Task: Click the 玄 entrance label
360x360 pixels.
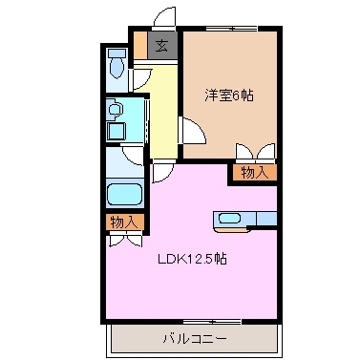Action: tap(161, 44)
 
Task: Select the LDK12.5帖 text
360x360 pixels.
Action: tap(192, 257)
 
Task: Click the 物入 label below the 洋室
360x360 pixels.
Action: tap(252, 172)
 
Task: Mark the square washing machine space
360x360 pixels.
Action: tap(117, 131)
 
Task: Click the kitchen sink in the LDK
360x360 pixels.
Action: tap(232, 219)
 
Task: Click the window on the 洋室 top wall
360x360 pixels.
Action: tap(229, 29)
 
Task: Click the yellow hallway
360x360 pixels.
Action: tap(163, 105)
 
